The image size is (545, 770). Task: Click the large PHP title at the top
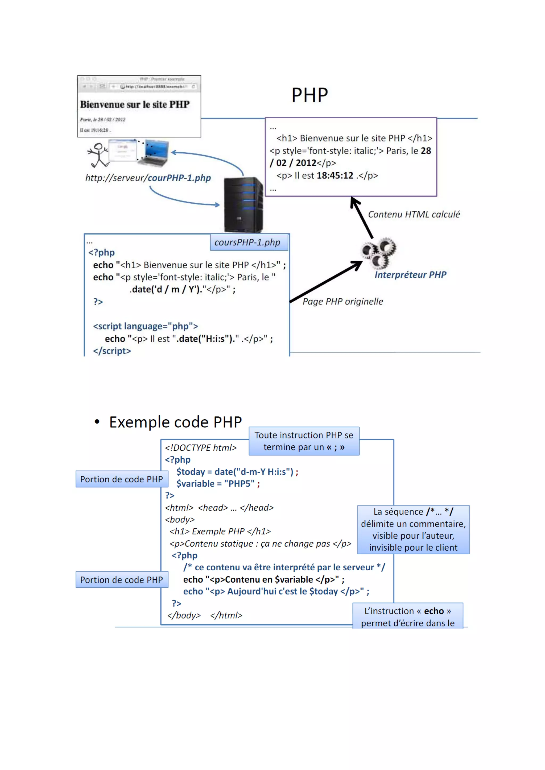pyautogui.click(x=309, y=95)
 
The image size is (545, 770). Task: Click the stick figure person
pyautogui.click(x=98, y=155)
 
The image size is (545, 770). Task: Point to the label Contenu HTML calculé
pyautogui.click(x=414, y=214)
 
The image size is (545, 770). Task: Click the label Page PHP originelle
pyautogui.click(x=343, y=302)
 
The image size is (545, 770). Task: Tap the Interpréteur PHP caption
pyautogui.click(x=410, y=275)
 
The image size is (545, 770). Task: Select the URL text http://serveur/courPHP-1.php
pyautogui.click(x=148, y=178)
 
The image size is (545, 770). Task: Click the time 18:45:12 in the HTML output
pyautogui.click(x=335, y=175)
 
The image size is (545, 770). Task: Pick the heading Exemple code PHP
pyautogui.click(x=175, y=422)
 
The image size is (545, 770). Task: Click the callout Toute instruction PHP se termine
pyautogui.click(x=304, y=441)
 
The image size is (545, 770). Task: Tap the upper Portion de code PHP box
pyautogui.click(x=122, y=479)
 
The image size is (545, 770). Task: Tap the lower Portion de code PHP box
pyautogui.click(x=122, y=580)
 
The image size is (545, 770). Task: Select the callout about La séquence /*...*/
pyautogui.click(x=413, y=530)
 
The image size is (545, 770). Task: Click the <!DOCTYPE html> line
pyautogui.click(x=201, y=448)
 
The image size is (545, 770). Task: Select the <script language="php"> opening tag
pyautogui.click(x=146, y=326)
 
